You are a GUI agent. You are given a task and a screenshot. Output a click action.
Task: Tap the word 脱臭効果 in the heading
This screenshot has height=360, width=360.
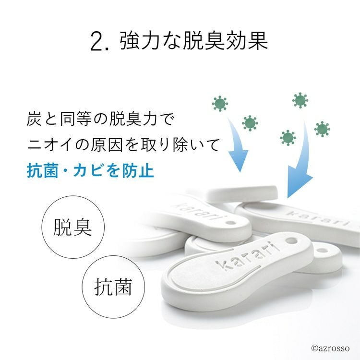[x=225, y=41]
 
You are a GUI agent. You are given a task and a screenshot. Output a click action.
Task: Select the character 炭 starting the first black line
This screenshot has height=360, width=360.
[x=35, y=119]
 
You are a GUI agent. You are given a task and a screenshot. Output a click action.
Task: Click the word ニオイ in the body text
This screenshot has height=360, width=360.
[x=50, y=144]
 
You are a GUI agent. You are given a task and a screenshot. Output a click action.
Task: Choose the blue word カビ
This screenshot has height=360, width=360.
[x=89, y=170]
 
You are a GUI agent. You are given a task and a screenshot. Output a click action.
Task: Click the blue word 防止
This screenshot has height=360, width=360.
[x=138, y=170]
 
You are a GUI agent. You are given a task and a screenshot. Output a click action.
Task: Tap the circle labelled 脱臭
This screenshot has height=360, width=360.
[x=73, y=227]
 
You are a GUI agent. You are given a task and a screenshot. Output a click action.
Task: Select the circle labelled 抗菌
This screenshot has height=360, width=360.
[x=113, y=287]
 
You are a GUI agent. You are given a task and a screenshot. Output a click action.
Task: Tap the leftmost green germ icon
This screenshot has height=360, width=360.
[x=220, y=104]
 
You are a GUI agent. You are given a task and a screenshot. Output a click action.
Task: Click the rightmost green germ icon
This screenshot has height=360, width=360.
[x=322, y=129]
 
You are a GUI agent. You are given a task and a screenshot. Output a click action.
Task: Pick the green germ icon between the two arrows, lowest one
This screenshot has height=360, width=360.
[x=288, y=138]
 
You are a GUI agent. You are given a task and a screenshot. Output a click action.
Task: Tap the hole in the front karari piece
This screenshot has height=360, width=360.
[x=291, y=241]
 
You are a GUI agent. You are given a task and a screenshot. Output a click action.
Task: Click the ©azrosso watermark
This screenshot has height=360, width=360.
[x=330, y=348]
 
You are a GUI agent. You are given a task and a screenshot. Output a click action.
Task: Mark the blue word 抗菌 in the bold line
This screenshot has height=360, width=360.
[x=42, y=170]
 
